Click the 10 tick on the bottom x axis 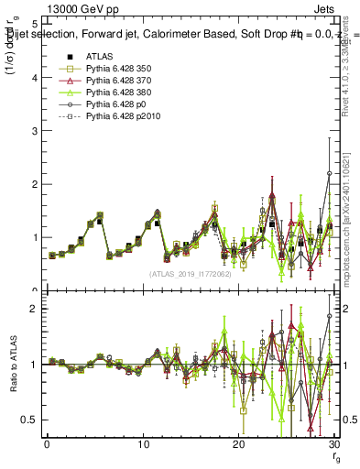tap(143, 444)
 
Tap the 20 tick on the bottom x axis tap(238, 444)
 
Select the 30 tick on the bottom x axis tap(333, 444)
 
